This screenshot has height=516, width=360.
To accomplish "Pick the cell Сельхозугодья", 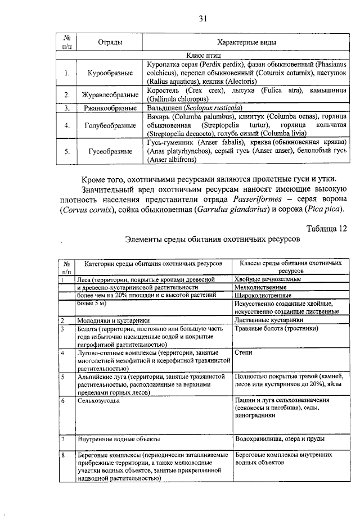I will coord(100,401).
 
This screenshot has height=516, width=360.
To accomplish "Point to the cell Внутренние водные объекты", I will coord(119,438).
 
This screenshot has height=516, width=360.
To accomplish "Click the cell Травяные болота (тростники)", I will coord(276,328).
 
